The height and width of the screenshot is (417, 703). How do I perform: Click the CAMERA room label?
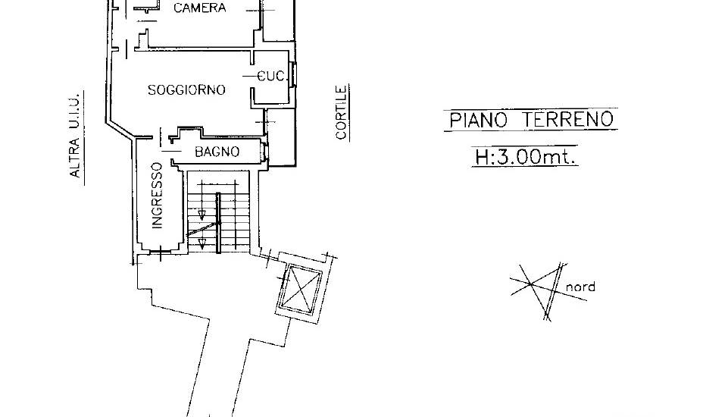click(x=199, y=8)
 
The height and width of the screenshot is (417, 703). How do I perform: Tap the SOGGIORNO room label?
click(x=186, y=89)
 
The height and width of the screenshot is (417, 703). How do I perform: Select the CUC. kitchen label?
click(x=272, y=77)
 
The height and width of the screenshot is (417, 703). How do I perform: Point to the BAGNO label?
click(x=217, y=152)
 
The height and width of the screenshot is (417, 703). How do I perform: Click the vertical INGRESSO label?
click(x=157, y=196)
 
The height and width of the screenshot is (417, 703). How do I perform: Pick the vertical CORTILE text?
click(x=342, y=112)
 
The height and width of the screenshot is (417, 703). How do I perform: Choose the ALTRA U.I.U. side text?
click(x=75, y=136)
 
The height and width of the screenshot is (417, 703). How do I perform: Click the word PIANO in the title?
click(x=478, y=121)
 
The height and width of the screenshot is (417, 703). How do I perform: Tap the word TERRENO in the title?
click(x=568, y=119)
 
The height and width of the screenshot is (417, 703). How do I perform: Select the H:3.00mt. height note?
click(x=525, y=157)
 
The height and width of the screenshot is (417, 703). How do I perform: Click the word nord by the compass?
click(x=580, y=287)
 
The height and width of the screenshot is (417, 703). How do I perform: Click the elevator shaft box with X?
click(x=299, y=290)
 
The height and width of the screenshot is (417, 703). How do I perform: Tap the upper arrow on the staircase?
click(x=202, y=215)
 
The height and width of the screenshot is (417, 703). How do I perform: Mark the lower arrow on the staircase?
click(x=202, y=244)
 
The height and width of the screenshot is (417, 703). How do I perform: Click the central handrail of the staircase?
click(x=218, y=223)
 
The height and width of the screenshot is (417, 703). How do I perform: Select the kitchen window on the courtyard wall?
click(x=294, y=74)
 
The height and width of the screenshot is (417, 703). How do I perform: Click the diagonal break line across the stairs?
click(x=204, y=229)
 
